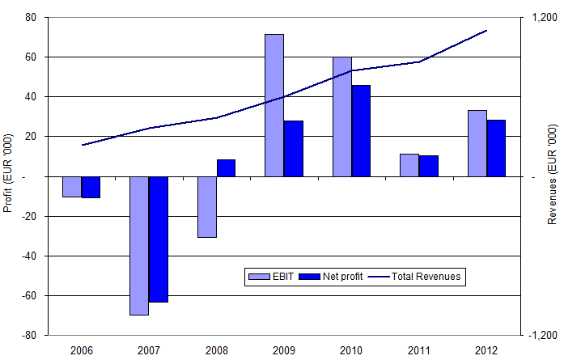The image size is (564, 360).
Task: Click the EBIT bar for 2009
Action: pyautogui.click(x=274, y=105)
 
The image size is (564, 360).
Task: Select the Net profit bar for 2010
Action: pyautogui.click(x=361, y=130)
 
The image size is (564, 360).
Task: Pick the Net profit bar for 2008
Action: pyautogui.click(x=226, y=167)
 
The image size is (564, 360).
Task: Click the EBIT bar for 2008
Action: pyautogui.click(x=207, y=206)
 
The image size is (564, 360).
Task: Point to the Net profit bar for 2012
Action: pyautogui.click(x=496, y=148)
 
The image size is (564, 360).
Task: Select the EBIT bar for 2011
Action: pyautogui.click(x=409, y=165)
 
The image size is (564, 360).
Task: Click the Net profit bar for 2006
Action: pyautogui.click(x=91, y=187)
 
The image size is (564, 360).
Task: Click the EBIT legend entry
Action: pyautogui.click(x=270, y=277)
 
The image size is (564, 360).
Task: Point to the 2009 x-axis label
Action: pyautogui.click(x=283, y=350)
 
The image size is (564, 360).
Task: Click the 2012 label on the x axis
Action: pyautogui.click(x=486, y=350)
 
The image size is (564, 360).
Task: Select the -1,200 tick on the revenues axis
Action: pyautogui.click(x=541, y=335)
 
